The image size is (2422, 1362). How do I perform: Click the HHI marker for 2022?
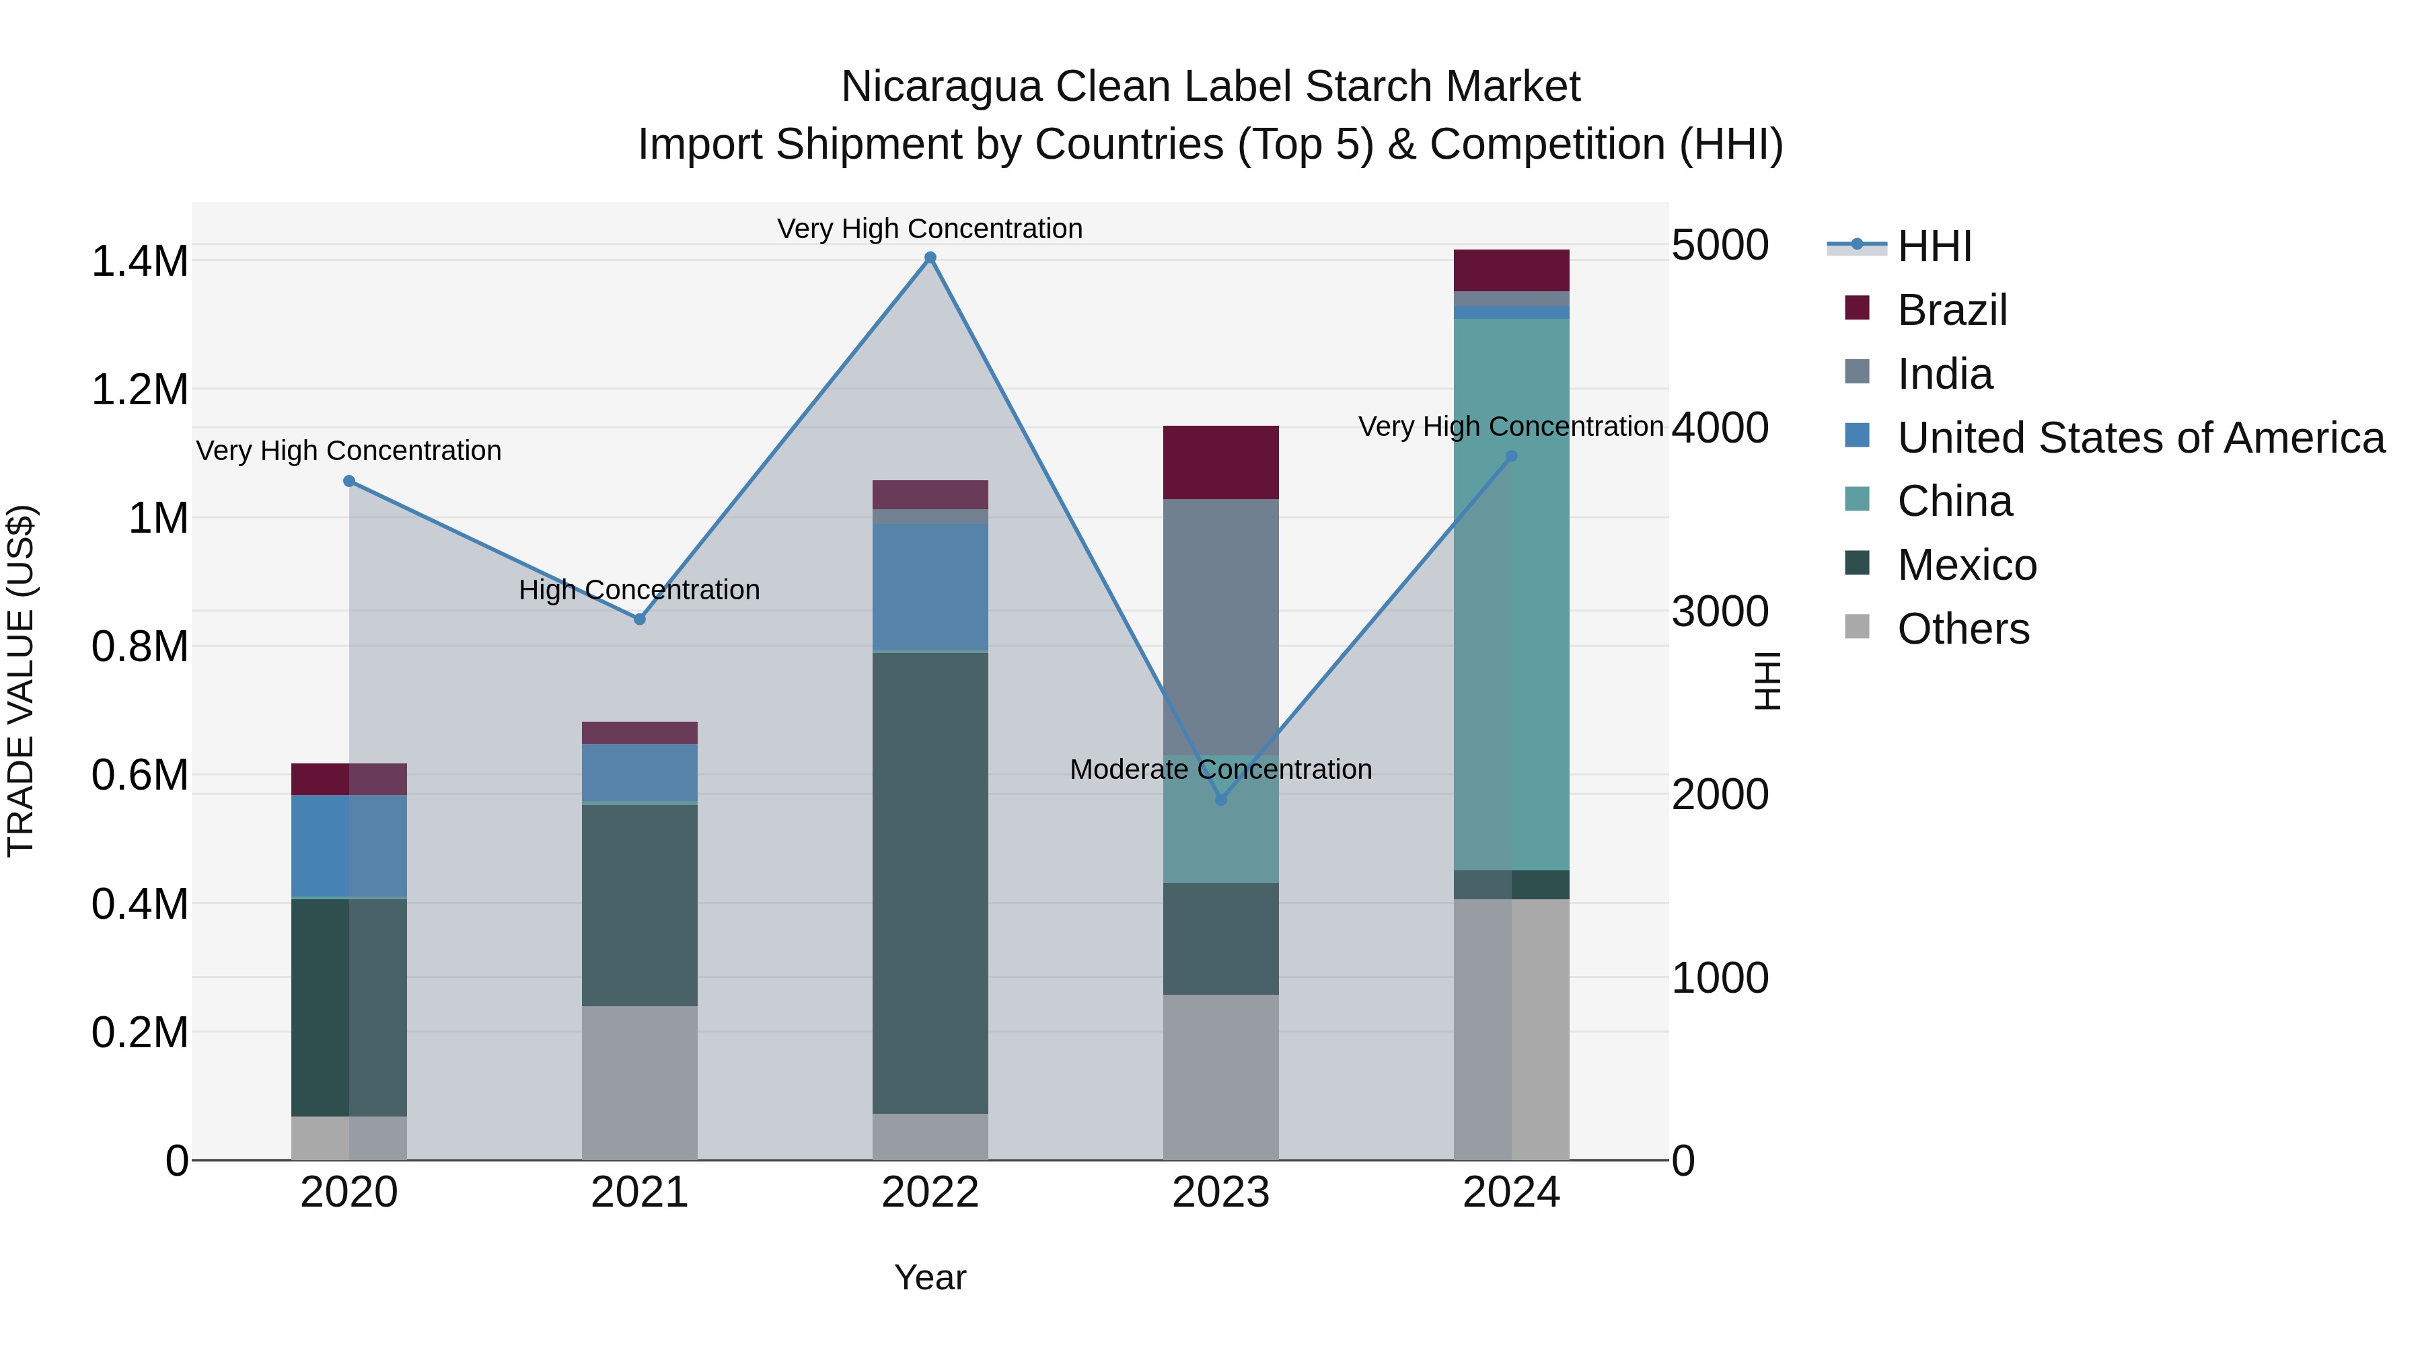click(x=930, y=258)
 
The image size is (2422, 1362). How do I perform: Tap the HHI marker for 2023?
click(x=1220, y=800)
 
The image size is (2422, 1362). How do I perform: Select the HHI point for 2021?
click(x=639, y=619)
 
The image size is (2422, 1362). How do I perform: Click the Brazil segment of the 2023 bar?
click(x=1220, y=463)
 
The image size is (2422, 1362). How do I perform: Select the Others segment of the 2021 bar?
click(x=639, y=1083)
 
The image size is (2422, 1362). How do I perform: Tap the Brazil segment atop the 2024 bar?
click(x=1511, y=270)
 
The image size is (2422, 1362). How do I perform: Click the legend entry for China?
click(x=1954, y=501)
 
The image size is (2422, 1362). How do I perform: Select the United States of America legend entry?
click(x=2140, y=438)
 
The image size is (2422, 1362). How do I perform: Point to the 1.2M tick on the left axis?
click(x=140, y=390)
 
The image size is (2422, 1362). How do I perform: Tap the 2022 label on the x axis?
click(x=930, y=1193)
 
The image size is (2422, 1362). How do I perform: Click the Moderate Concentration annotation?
click(x=1220, y=770)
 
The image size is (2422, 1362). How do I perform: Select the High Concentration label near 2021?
click(x=639, y=591)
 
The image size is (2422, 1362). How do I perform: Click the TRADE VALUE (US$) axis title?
click(x=21, y=681)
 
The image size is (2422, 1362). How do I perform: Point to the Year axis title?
click(x=930, y=1277)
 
